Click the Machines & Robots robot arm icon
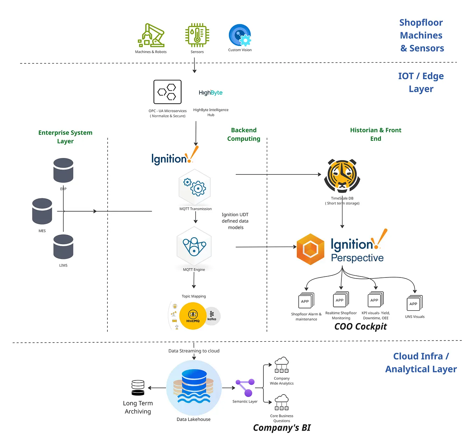tap(151, 35)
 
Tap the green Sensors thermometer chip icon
tap(197, 35)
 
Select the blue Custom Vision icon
tap(240, 35)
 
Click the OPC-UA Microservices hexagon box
tap(168, 92)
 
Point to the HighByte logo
tap(211, 92)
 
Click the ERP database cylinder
tap(63, 170)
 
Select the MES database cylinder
tap(42, 211)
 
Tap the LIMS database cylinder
tap(63, 247)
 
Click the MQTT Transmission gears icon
tap(195, 187)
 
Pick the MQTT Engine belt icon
tap(194, 246)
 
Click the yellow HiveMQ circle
tap(193, 316)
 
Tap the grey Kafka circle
tap(212, 316)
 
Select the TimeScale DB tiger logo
tap(342, 176)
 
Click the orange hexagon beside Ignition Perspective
tap(310, 249)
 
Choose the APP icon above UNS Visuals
tap(414, 303)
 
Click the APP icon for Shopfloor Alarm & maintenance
tap(306, 301)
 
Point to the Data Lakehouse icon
tap(194, 387)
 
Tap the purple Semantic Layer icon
tap(245, 387)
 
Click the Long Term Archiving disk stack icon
tap(138, 388)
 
